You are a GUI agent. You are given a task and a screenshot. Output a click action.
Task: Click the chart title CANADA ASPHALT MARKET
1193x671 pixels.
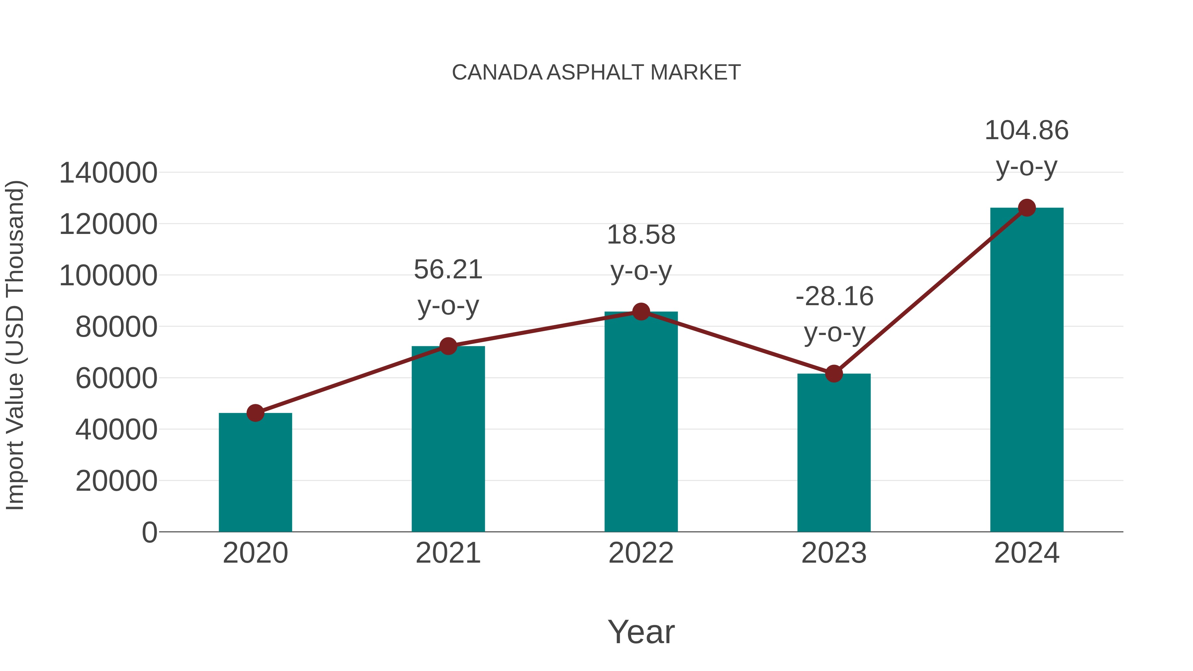click(x=596, y=73)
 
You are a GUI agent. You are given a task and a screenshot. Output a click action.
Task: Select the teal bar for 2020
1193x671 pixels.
click(x=255, y=472)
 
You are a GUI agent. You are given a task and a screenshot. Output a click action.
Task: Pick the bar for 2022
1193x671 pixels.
click(x=641, y=421)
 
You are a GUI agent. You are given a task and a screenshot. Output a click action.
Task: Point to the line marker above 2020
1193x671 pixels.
click(x=255, y=413)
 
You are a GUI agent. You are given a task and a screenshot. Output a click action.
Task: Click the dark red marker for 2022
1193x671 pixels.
click(x=641, y=312)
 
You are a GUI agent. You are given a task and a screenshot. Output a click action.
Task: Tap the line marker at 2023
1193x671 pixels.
click(x=834, y=373)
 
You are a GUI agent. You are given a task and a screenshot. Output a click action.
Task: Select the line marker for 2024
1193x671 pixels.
click(x=1027, y=208)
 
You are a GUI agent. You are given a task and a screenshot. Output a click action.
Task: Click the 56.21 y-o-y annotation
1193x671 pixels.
click(x=448, y=287)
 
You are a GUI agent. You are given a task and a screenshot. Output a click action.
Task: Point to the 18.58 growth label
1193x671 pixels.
click(x=641, y=252)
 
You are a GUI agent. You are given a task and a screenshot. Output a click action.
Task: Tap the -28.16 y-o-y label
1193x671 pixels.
click(x=834, y=314)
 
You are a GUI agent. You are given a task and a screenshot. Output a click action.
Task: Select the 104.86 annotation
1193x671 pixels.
click(x=1026, y=148)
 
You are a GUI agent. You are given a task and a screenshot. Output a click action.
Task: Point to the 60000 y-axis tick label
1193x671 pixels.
click(x=116, y=378)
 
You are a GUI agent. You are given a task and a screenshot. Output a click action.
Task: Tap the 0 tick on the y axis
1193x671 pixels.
click(x=149, y=532)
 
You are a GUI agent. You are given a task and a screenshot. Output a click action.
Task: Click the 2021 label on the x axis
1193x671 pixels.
click(x=448, y=553)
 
